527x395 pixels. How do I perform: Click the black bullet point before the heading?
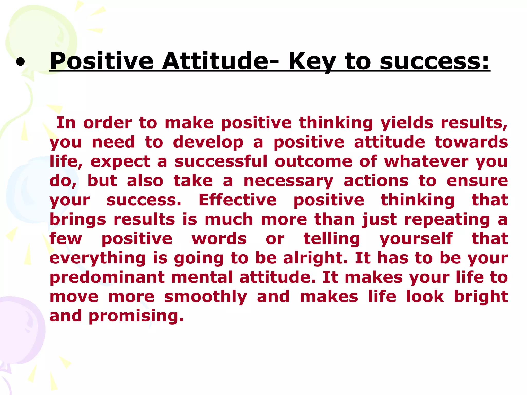click(x=20, y=62)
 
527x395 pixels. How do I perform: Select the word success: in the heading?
click(x=434, y=62)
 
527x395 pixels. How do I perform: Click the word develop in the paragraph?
click(x=208, y=142)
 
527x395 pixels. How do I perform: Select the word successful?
click(x=221, y=161)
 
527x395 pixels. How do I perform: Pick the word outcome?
click(x=313, y=161)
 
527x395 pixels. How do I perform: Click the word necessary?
click(x=288, y=181)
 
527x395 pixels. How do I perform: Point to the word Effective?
click(x=238, y=200)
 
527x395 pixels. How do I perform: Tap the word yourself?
click(x=416, y=239)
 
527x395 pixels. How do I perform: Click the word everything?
click(x=98, y=258)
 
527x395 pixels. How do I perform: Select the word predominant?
click(x=107, y=277)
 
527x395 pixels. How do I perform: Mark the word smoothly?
click(x=206, y=297)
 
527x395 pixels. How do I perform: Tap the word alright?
click(x=315, y=258)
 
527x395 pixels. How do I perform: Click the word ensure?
click(x=477, y=181)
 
